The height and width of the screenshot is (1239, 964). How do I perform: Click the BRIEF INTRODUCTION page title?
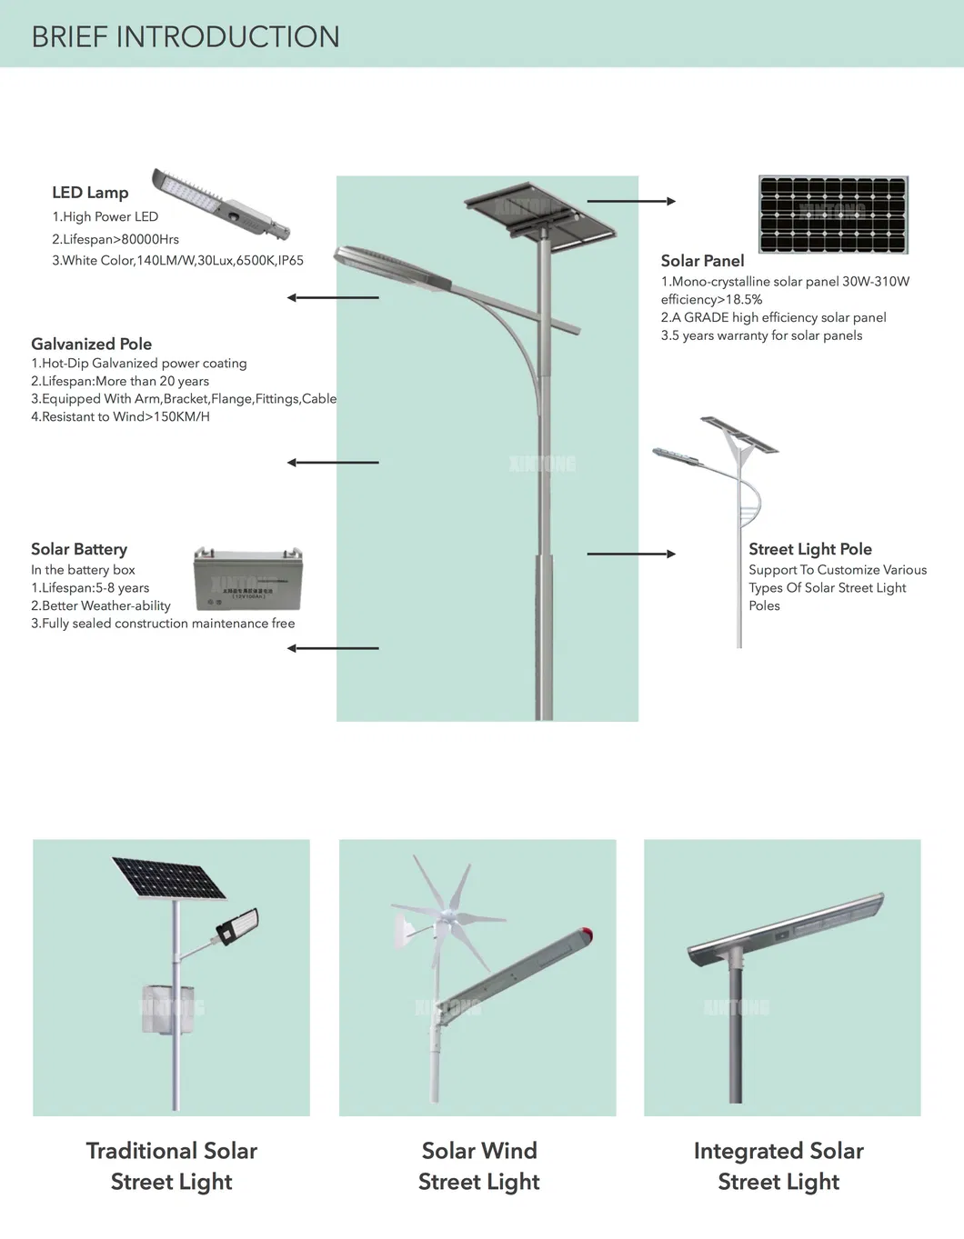(x=186, y=36)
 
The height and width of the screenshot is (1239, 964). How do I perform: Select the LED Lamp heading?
(x=90, y=193)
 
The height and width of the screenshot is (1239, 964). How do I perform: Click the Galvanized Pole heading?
(x=91, y=344)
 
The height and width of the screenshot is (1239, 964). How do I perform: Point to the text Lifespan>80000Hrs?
(x=115, y=239)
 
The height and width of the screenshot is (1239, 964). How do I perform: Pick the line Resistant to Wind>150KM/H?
(x=120, y=416)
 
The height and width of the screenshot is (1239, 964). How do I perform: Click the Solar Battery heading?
(x=79, y=549)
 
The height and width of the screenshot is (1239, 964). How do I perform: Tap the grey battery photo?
(x=247, y=579)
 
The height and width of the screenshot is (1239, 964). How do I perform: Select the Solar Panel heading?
(x=702, y=261)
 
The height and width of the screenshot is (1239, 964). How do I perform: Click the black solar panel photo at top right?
(x=833, y=215)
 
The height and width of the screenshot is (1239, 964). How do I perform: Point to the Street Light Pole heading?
(x=809, y=549)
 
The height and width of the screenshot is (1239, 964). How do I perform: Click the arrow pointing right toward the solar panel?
(x=631, y=201)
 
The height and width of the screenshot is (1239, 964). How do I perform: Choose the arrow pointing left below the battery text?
(x=333, y=648)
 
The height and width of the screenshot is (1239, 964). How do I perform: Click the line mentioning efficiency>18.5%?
(x=711, y=299)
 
